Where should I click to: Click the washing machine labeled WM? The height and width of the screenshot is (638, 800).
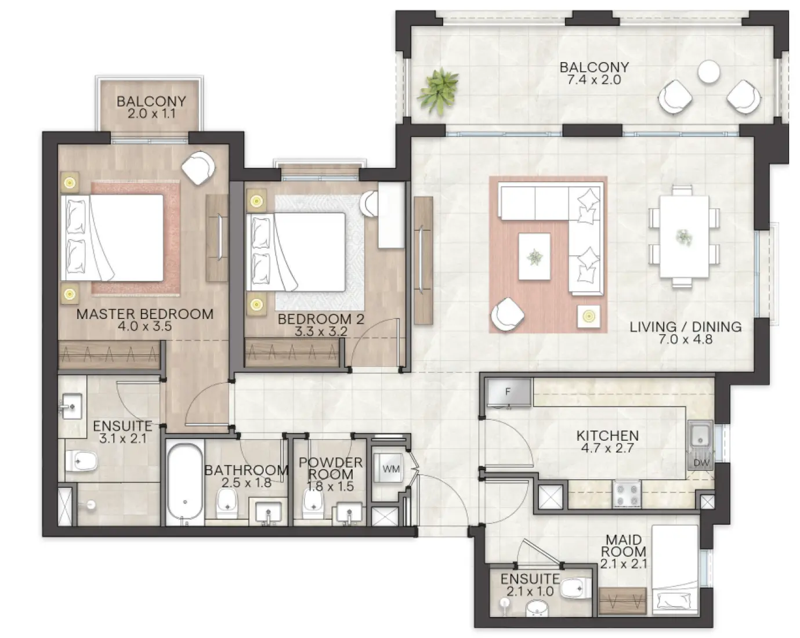pos(390,469)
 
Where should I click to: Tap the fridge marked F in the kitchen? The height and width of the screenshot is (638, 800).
pos(508,393)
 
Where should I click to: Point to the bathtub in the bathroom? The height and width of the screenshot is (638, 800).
pos(185,482)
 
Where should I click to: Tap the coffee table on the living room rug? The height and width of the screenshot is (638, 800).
pos(534,256)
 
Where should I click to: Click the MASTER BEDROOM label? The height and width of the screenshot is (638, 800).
pos(145,314)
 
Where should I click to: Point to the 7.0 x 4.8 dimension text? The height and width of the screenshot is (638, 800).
pos(685,339)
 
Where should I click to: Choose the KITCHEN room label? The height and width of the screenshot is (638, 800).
pos(607,436)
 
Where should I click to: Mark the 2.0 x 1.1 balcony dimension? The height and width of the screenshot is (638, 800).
pos(151,114)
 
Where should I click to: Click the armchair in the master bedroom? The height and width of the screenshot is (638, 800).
pos(197,167)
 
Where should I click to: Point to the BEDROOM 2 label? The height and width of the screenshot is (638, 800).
pos(321,319)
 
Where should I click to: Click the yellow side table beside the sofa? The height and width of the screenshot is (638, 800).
pos(589,317)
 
